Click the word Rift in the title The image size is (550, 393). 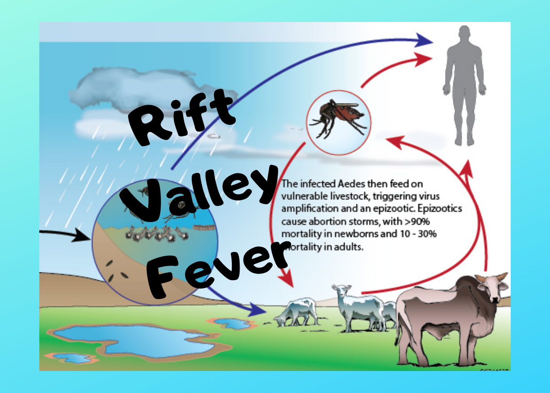(x=183, y=118)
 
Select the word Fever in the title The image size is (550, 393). (x=218, y=269)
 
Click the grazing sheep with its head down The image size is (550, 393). (x=297, y=312)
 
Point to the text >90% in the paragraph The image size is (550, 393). (x=417, y=221)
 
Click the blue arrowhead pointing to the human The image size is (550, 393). (x=424, y=40)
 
